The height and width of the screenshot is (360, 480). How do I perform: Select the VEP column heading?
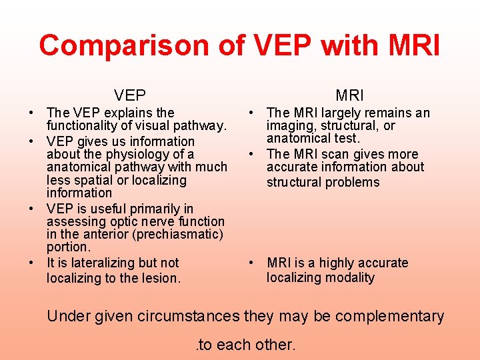130,95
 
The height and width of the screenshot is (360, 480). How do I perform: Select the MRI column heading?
349,95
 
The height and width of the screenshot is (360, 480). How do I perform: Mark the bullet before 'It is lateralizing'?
32,263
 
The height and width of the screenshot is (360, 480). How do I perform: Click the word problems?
351,182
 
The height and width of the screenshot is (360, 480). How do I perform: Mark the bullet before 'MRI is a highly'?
251,263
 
